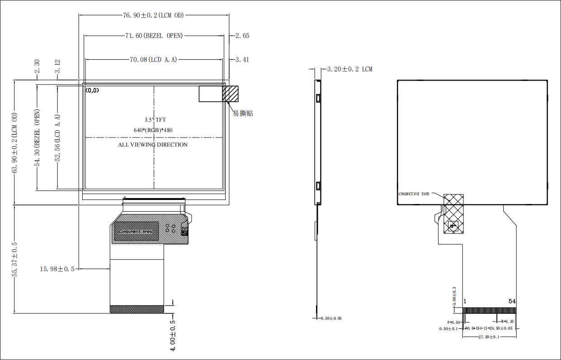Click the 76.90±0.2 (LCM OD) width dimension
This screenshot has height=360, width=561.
click(154, 15)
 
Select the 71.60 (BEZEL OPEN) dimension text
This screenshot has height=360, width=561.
click(154, 36)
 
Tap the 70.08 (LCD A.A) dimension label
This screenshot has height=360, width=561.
click(153, 59)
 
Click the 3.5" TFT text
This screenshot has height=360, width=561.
click(155, 120)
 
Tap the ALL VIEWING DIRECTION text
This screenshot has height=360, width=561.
click(153, 145)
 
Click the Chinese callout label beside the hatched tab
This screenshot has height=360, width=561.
click(243, 113)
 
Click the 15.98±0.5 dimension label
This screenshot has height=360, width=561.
click(57, 269)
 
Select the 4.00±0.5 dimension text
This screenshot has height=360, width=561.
click(172, 336)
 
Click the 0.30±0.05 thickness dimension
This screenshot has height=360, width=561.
click(331, 318)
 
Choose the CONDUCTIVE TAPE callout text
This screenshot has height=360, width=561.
click(414, 194)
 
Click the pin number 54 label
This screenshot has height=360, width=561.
click(512, 301)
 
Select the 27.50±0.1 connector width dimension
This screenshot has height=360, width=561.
click(489, 337)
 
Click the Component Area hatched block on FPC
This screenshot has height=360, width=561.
click(136, 231)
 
